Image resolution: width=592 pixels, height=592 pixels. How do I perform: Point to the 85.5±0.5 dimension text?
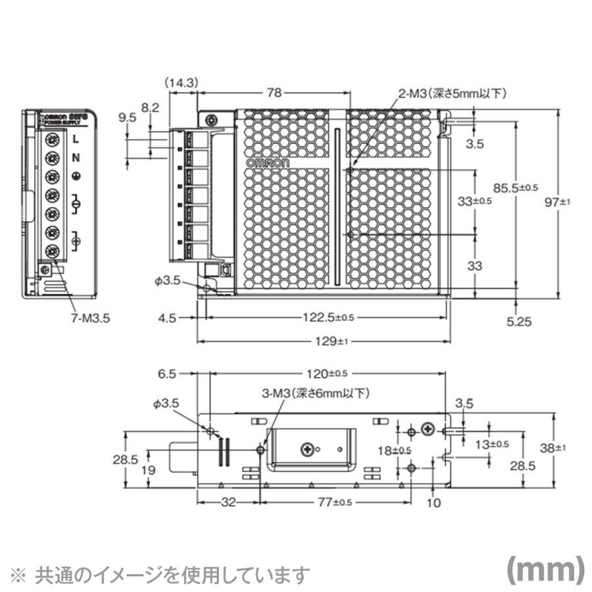(516, 188)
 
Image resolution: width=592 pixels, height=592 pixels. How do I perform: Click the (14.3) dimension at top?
(182, 83)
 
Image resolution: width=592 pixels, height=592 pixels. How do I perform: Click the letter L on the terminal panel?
(76, 139)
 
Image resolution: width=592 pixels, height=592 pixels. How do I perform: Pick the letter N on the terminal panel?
(76, 157)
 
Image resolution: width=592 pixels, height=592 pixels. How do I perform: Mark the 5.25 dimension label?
(519, 322)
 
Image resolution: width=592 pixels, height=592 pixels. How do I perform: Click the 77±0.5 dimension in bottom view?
(335, 502)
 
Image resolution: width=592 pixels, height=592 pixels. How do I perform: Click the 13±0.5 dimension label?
(493, 444)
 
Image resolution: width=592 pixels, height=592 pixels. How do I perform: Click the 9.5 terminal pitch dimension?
(128, 118)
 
